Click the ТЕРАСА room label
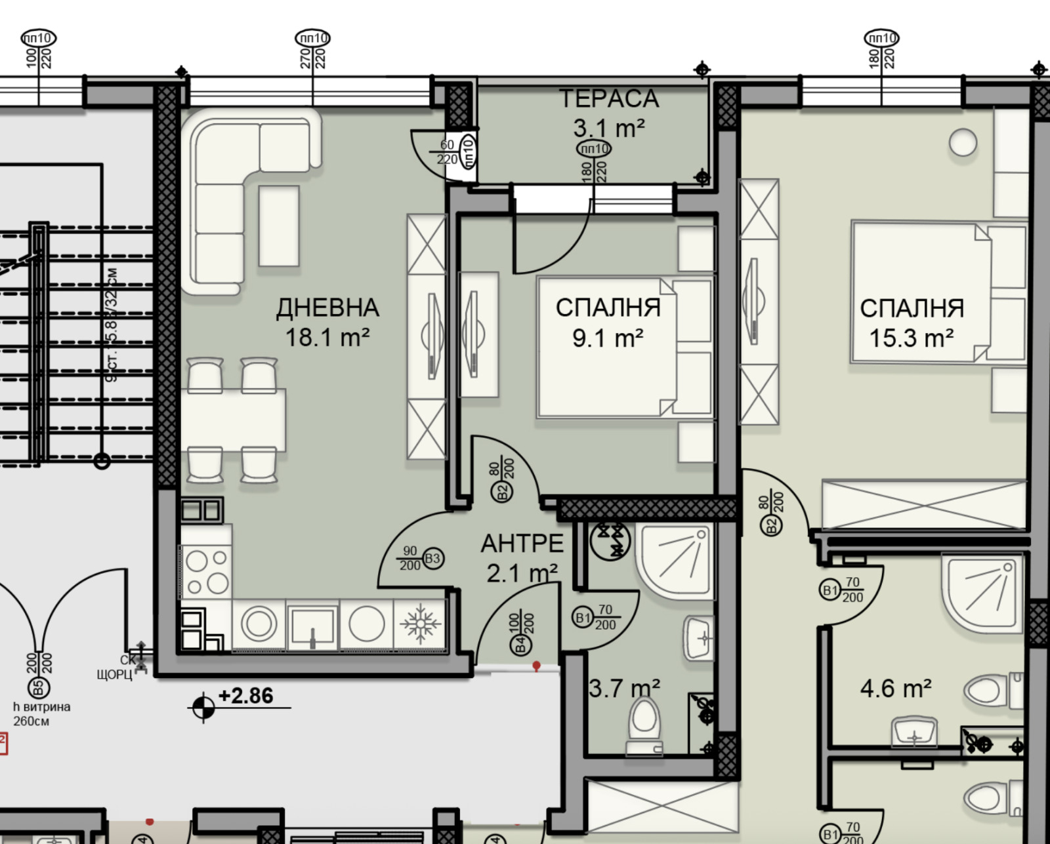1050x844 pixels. pyautogui.click(x=608, y=99)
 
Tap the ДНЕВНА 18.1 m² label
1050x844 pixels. pyautogui.click(x=327, y=323)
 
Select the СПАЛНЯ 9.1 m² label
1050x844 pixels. pyautogui.click(x=608, y=323)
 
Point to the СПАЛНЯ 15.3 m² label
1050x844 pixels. pyautogui.click(x=912, y=323)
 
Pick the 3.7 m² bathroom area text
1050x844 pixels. pyautogui.click(x=624, y=689)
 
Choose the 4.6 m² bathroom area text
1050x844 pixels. pyautogui.click(x=895, y=689)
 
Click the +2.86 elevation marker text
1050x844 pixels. pyautogui.click(x=245, y=696)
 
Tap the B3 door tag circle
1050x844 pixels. pyautogui.click(x=432, y=559)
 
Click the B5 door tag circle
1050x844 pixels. pyautogui.click(x=37, y=688)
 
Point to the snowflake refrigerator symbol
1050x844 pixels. pyautogui.click(x=419, y=624)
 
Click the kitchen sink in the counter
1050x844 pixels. pyautogui.click(x=313, y=627)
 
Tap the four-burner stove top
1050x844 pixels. pyautogui.click(x=206, y=572)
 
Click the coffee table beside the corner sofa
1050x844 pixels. pyautogui.click(x=279, y=226)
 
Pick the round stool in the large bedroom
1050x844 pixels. pyautogui.click(x=962, y=142)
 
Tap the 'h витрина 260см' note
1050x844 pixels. pyautogui.click(x=41, y=714)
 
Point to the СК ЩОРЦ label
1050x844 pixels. pyautogui.click(x=118, y=668)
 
